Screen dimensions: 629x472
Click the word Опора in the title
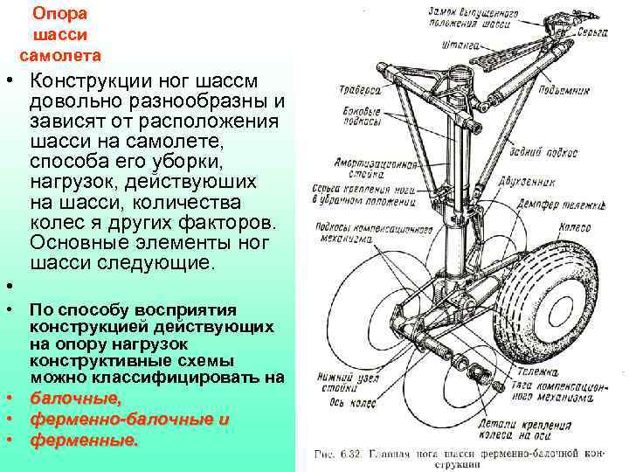pyautogui.click(x=59, y=14)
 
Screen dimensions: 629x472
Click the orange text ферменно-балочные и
pyautogui.click(x=129, y=420)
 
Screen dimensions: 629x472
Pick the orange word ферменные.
pyautogui.click(x=84, y=441)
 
